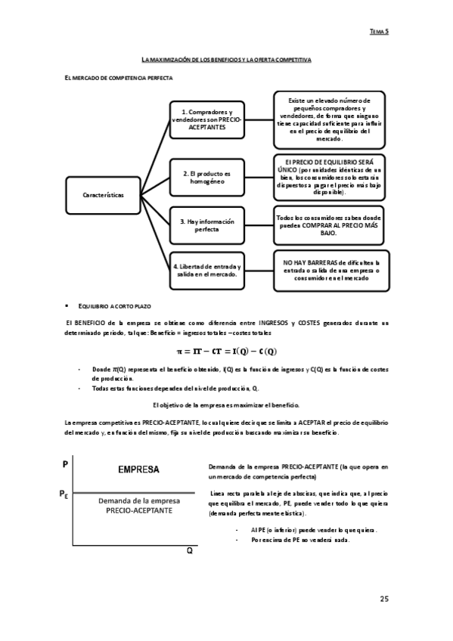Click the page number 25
click(x=383, y=599)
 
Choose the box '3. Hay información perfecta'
click(x=206, y=225)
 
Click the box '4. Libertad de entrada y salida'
click(x=206, y=270)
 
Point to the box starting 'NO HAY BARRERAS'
click(x=330, y=270)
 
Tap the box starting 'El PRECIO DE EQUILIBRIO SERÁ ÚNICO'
click(x=330, y=177)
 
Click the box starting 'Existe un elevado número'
click(x=330, y=120)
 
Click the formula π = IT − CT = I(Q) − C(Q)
click(x=226, y=351)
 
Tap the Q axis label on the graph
click(x=190, y=551)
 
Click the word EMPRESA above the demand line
click(x=138, y=469)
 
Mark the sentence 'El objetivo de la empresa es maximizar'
click(x=226, y=405)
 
